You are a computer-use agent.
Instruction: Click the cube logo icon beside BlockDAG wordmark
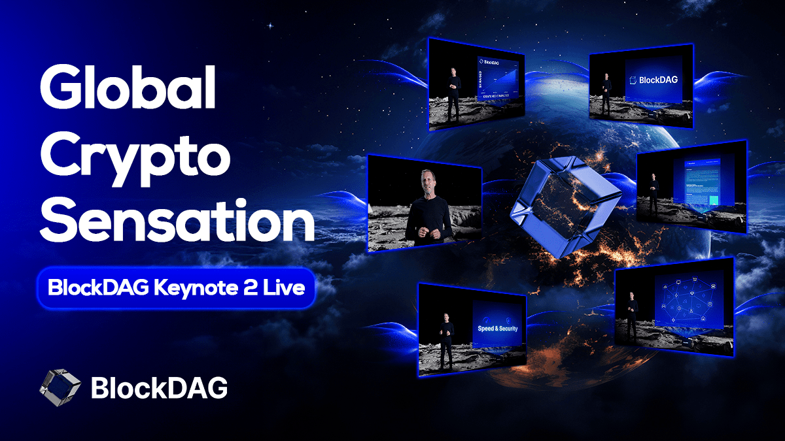click(x=60, y=387)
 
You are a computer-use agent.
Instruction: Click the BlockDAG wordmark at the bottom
click(x=159, y=388)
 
